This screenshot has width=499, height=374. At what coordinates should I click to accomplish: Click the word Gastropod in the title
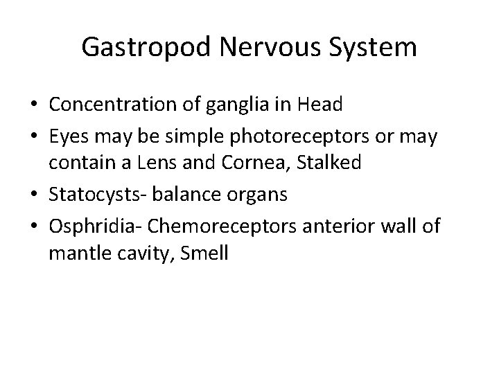140,48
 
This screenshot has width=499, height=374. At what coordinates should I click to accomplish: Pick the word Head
319,105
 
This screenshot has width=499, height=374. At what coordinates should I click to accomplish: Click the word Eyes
70,136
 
